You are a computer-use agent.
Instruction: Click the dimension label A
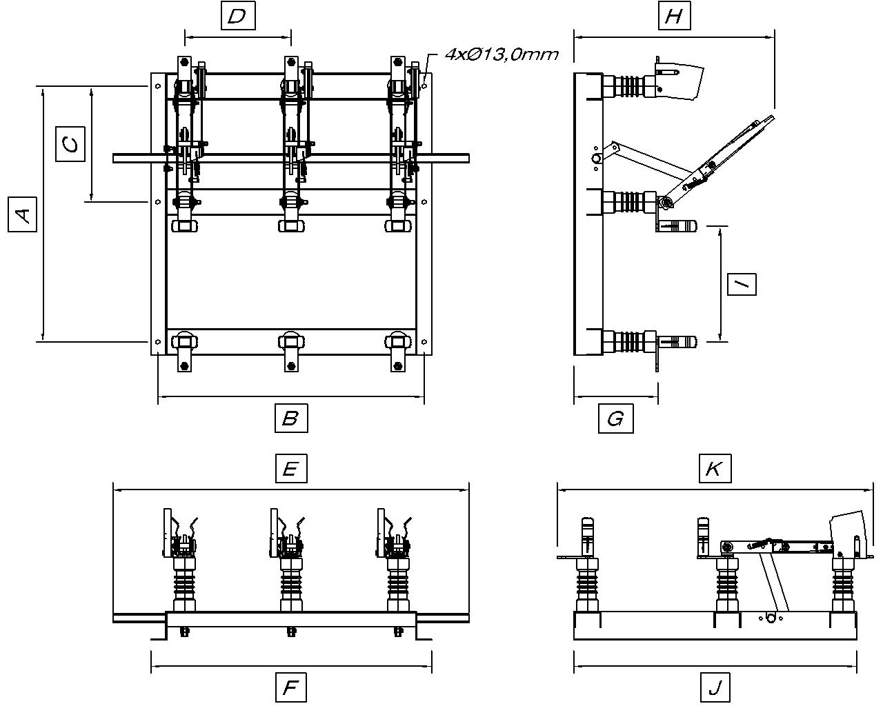23,214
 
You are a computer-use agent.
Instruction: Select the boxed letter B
290,418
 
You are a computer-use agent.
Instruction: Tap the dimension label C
70,143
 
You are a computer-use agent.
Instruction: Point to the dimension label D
237,16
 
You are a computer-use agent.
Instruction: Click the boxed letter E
290,469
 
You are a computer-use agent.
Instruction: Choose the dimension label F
290,687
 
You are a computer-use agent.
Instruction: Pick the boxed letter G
615,418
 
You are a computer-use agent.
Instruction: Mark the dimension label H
673,16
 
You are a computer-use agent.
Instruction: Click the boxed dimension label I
742,283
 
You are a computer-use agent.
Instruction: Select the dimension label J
715,687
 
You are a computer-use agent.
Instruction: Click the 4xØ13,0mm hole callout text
501,54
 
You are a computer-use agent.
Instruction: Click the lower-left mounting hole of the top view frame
158,341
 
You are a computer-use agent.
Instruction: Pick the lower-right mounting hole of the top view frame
424,341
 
